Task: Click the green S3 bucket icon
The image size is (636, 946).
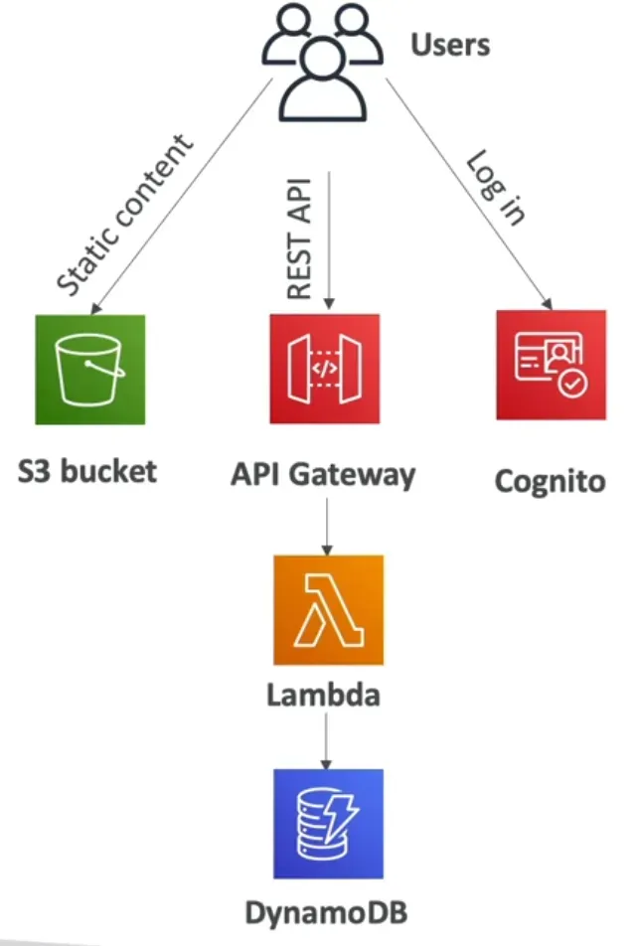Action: coord(89,370)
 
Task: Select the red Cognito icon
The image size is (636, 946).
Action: coord(552,365)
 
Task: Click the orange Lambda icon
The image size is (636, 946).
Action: coord(328,609)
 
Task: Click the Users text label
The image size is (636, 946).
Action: coord(450,45)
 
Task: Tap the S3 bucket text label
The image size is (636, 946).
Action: coord(87,470)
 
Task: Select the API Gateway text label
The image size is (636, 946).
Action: coord(324,474)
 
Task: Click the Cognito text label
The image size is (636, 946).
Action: coord(550,482)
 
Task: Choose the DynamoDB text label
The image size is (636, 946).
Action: coord(328,910)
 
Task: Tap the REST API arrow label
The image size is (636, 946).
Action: coord(299,238)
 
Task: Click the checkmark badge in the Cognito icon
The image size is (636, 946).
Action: coord(571,384)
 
